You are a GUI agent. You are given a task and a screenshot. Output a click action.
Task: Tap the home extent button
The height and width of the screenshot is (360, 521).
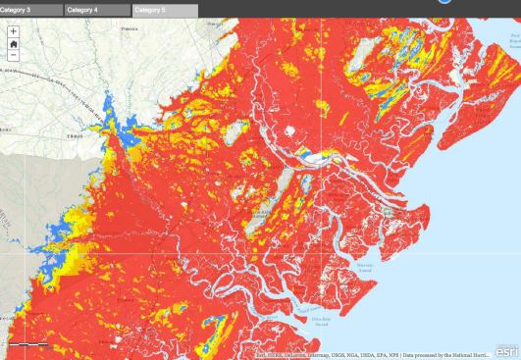pyautogui.click(x=13, y=43)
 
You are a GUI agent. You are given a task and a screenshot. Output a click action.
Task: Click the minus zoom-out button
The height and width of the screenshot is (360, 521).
pyautogui.click(x=13, y=56)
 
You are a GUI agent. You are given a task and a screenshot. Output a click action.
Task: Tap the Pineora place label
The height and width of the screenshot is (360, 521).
pyautogui.click(x=155, y=28)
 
